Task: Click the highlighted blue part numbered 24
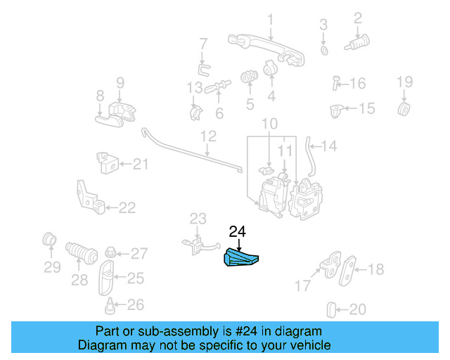pyautogui.click(x=240, y=257)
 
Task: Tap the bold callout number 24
pyautogui.click(x=238, y=232)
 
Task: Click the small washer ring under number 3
pyautogui.click(x=324, y=51)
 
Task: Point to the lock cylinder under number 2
pyautogui.click(x=357, y=44)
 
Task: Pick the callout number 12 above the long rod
pyautogui.click(x=208, y=136)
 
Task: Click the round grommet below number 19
pyautogui.click(x=404, y=108)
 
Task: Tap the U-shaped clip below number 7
pyautogui.click(x=203, y=70)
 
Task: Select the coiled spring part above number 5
pyautogui.click(x=249, y=76)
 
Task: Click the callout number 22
pyautogui.click(x=127, y=207)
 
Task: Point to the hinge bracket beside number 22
pyautogui.click(x=89, y=198)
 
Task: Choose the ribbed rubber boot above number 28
pyautogui.click(x=82, y=252)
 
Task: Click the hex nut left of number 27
pyautogui.click(x=110, y=252)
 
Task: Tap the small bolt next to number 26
pyautogui.click(x=110, y=306)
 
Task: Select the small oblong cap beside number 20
pyautogui.click(x=331, y=310)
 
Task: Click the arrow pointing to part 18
pyautogui.click(x=361, y=269)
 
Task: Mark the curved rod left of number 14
pyautogui.click(x=310, y=157)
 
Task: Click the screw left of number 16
pyautogui.click(x=335, y=83)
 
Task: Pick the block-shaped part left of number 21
pyautogui.click(x=108, y=163)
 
